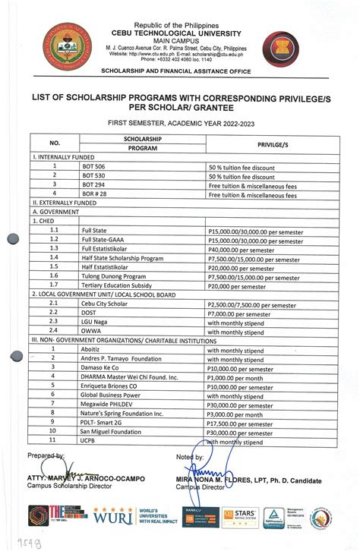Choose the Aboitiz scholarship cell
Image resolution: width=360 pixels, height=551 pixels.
(x=93, y=349)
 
